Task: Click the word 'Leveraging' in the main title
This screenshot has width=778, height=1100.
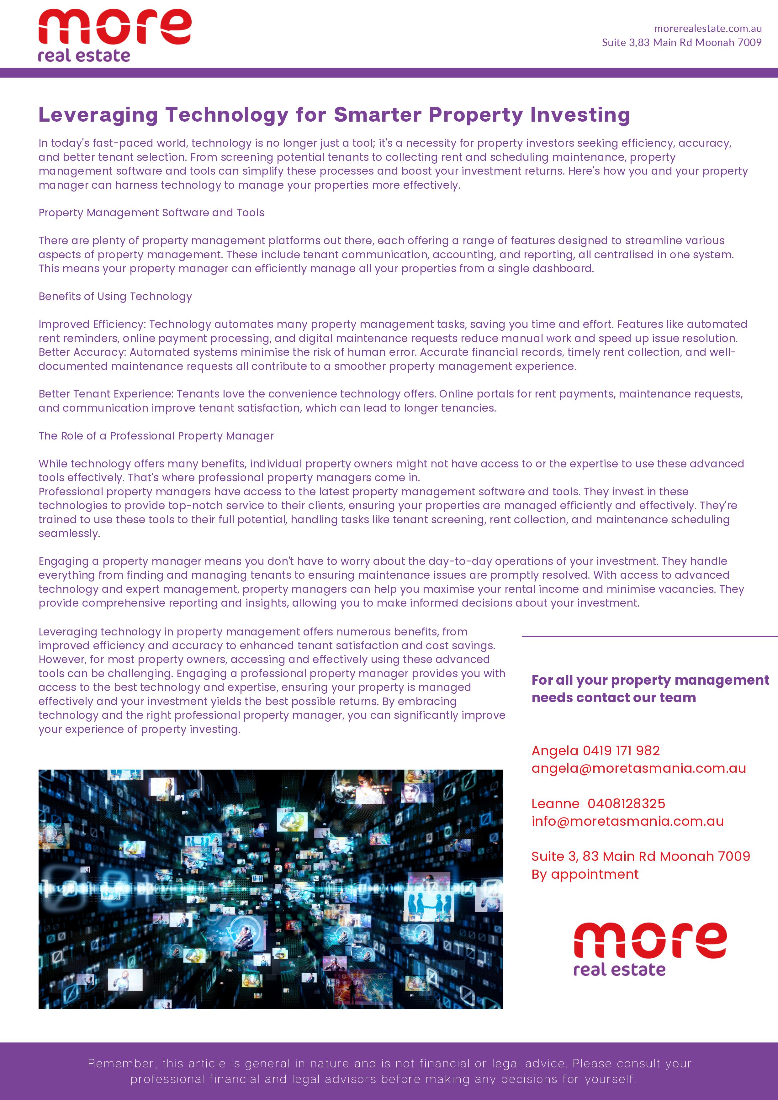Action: point(98,115)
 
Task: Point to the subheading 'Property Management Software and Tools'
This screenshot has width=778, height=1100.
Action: point(151,213)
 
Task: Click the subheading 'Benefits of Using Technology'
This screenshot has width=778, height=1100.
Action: point(115,297)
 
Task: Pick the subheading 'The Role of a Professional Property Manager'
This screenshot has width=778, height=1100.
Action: point(156,436)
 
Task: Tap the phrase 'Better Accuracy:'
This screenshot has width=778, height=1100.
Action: point(82,352)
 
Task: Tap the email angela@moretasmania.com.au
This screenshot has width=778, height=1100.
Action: point(638,768)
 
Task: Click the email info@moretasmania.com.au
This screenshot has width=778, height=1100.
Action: point(627,821)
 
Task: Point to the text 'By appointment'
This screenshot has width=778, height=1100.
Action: point(585,874)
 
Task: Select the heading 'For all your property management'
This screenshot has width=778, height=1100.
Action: point(650,680)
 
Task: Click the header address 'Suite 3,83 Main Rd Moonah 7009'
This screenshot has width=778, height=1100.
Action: point(681,43)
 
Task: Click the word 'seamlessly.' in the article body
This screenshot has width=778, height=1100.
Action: point(69,534)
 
